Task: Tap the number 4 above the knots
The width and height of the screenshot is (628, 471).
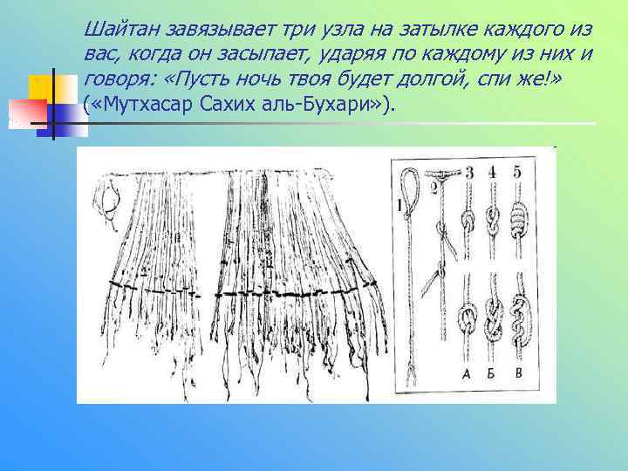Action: click(x=493, y=173)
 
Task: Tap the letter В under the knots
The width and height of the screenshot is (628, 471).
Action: click(x=520, y=374)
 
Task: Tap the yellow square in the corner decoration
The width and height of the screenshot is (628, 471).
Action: click(x=41, y=87)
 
